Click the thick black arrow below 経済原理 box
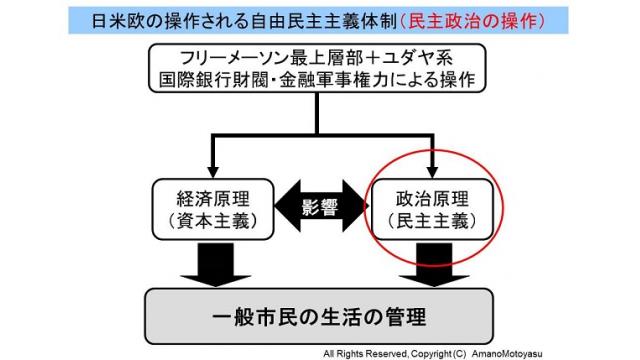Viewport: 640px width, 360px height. point(209,265)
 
